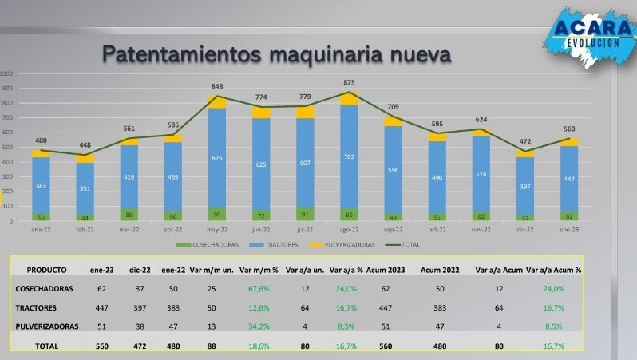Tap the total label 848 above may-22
click(216, 87)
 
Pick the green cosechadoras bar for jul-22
click(304, 213)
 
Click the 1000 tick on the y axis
click(7, 73)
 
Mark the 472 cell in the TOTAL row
click(142, 346)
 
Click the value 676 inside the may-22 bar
click(216, 158)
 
